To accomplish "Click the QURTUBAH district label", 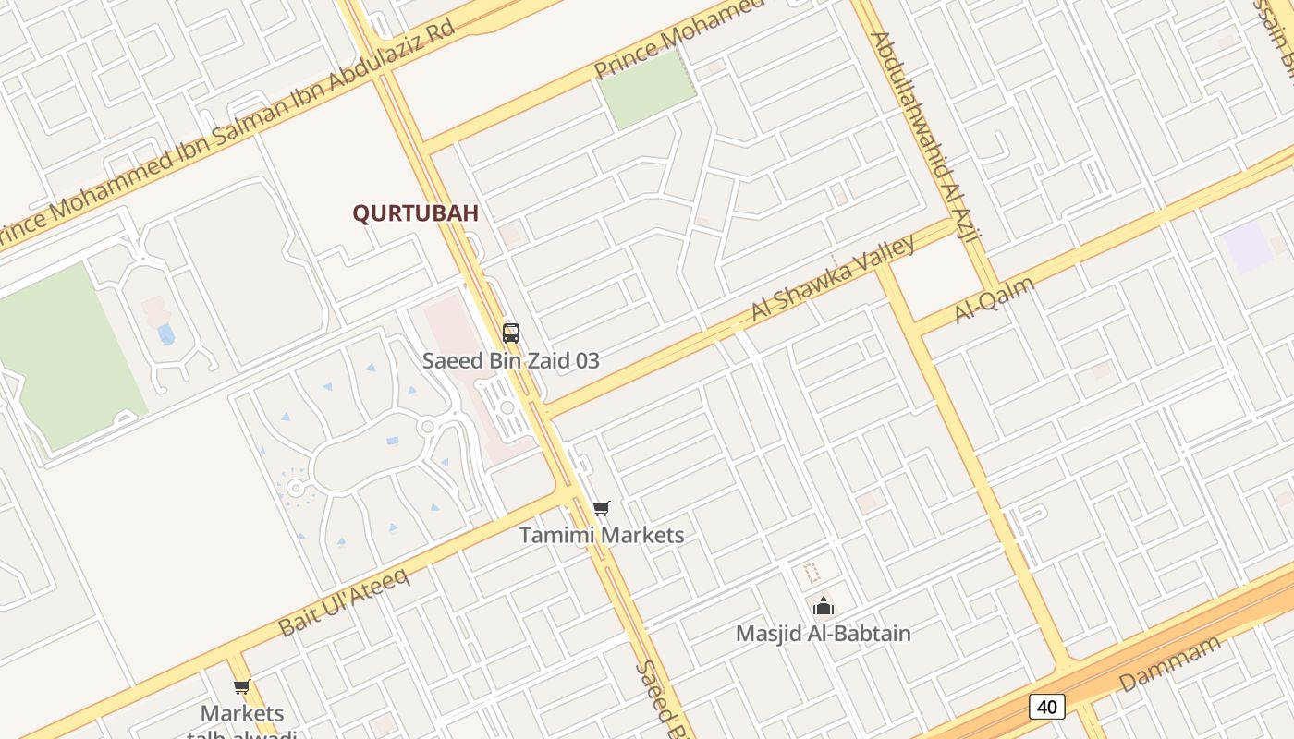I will tap(415, 212).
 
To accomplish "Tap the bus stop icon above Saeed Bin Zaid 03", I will tap(511, 333).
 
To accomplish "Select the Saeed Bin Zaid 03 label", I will tap(511, 360).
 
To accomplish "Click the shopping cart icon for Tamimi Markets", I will tap(602, 507).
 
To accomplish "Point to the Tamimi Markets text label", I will tap(602, 535).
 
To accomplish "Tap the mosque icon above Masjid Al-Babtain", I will tap(823, 606).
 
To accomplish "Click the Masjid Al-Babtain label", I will tap(823, 634).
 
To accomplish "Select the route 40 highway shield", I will tap(1046, 707).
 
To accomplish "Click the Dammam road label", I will tap(1170, 664).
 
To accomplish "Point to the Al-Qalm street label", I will tap(995, 299).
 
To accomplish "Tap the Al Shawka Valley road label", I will tap(834, 277).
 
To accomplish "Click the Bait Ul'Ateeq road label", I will tap(344, 601).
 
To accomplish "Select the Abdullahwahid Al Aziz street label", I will tap(924, 139).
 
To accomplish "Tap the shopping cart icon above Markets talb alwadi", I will tap(241, 686).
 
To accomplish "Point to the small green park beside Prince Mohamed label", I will tap(647, 90).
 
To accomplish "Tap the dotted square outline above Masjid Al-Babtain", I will tap(812, 573).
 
